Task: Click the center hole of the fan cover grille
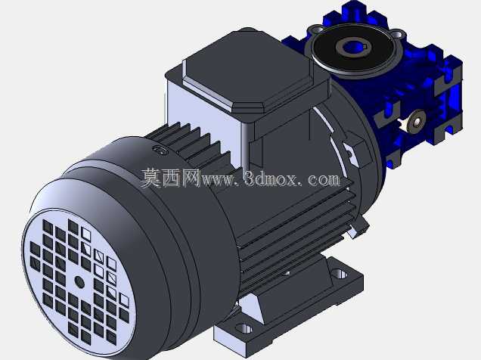[79, 282]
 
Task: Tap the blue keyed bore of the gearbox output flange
[352, 47]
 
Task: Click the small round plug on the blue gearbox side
[416, 121]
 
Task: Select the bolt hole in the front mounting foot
[244, 329]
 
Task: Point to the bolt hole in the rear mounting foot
[340, 273]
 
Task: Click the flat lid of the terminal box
[245, 71]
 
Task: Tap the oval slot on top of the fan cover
[160, 150]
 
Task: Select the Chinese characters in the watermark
[170, 178]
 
